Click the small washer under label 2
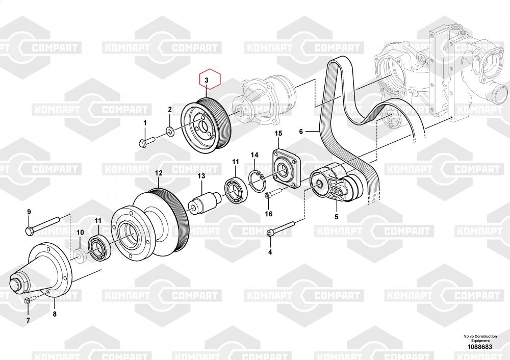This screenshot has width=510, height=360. pos(169,131)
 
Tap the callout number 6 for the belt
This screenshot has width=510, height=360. pos(301,132)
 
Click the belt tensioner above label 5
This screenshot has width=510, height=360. pos(337,185)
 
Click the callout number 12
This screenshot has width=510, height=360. pos(159,173)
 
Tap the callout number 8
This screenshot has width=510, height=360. pos(55,314)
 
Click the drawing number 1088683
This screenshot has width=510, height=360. pos(480,347)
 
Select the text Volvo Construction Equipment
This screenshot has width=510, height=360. pos(480,338)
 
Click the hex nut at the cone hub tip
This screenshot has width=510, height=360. pos(18,284)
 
